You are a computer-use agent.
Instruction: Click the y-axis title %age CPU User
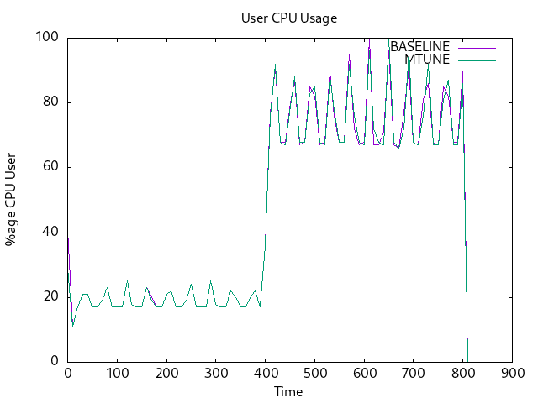[x=11, y=200]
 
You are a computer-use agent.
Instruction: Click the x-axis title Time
[x=288, y=392]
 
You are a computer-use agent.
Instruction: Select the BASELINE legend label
[x=419, y=46]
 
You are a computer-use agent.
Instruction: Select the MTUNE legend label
[x=427, y=59]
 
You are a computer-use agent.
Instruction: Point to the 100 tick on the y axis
[x=48, y=37]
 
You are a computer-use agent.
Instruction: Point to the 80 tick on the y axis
[x=51, y=102]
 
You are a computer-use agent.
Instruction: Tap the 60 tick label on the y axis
[x=51, y=167]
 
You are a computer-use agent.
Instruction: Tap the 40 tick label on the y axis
[x=51, y=233]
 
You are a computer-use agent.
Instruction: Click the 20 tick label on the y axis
[x=51, y=297]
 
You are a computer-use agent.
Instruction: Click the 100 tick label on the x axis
[x=117, y=374]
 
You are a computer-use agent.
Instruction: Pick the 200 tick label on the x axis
[x=166, y=374]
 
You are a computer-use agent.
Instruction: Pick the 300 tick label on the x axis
[x=216, y=374]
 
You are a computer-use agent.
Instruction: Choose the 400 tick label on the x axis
[x=266, y=374]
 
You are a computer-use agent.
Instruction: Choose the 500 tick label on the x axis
[x=314, y=374]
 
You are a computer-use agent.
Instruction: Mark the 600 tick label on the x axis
[x=364, y=374]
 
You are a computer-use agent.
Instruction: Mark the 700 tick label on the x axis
[x=414, y=374]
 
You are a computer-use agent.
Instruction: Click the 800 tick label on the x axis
[x=463, y=374]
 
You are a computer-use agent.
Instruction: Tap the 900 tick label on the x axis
[x=512, y=374]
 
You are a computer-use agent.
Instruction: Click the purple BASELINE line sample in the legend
[x=477, y=46]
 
